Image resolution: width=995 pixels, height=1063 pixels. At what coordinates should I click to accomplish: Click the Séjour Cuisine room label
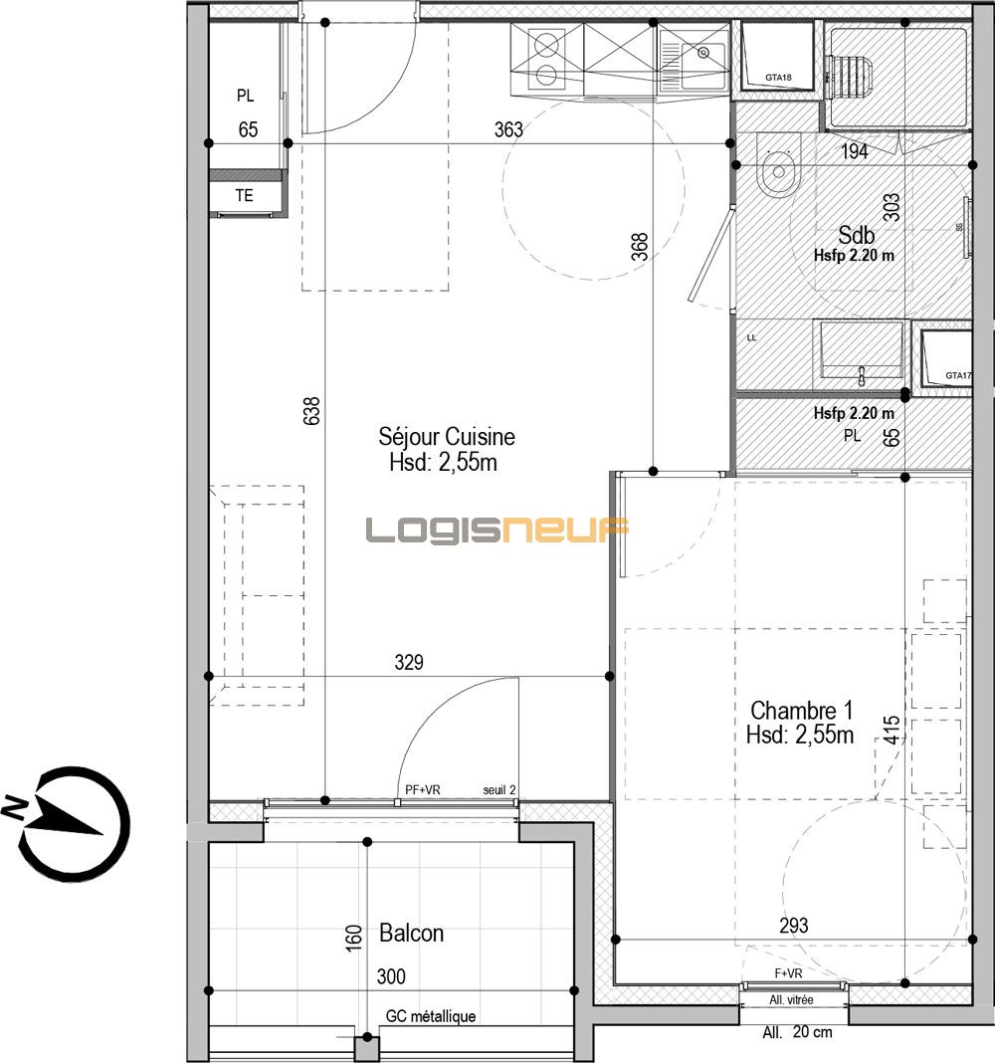point(447,437)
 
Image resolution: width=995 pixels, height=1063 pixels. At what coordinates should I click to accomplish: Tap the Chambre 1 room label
point(801,711)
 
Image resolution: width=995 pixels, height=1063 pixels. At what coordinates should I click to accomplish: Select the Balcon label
point(411,934)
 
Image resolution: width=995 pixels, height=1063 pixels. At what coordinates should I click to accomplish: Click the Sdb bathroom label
point(855,236)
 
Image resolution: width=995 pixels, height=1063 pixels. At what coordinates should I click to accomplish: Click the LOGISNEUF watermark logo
point(497,531)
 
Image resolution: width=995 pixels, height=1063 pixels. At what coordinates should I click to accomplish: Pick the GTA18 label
point(778,78)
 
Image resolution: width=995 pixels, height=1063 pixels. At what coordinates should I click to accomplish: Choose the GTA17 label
point(958,375)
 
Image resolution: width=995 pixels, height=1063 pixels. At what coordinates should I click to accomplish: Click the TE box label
point(244,196)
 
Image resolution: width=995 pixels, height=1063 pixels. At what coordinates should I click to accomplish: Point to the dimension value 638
point(311,411)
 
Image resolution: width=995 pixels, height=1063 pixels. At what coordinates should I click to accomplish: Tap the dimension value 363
point(508,128)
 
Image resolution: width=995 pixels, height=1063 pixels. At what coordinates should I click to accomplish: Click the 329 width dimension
point(408,662)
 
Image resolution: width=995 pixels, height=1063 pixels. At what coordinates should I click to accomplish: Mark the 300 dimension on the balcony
point(391,976)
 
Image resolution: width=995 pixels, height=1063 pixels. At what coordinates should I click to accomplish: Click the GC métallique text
point(430,1016)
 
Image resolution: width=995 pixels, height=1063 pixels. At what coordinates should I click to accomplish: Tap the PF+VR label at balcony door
point(423,789)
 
